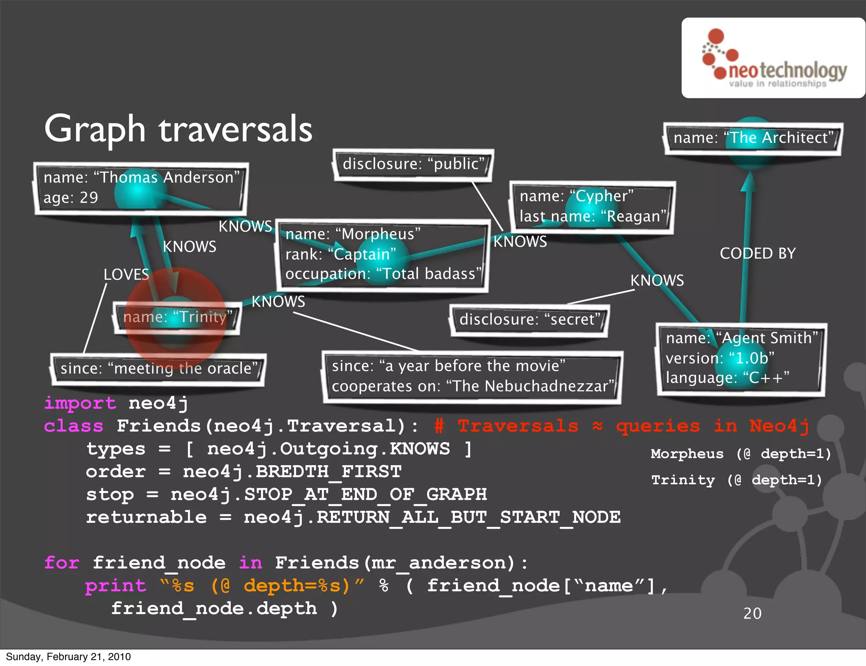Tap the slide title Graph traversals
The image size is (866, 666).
click(178, 129)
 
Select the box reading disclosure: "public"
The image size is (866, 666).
click(413, 164)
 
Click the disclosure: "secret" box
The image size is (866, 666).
click(529, 319)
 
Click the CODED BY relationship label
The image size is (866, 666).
click(757, 254)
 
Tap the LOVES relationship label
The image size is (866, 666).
click(126, 275)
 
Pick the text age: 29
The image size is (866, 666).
click(71, 198)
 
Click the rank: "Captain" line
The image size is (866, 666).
click(340, 254)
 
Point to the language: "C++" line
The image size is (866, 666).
click(727, 378)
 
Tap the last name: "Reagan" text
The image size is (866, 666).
click(592, 217)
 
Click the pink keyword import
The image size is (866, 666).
click(80, 403)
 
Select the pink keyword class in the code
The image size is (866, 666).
click(74, 426)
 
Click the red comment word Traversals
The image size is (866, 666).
click(518, 426)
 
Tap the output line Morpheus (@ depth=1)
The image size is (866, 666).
click(741, 454)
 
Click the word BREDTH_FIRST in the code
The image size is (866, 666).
click(329, 472)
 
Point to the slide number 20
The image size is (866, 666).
click(752, 614)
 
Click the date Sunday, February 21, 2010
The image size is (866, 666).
click(68, 657)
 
